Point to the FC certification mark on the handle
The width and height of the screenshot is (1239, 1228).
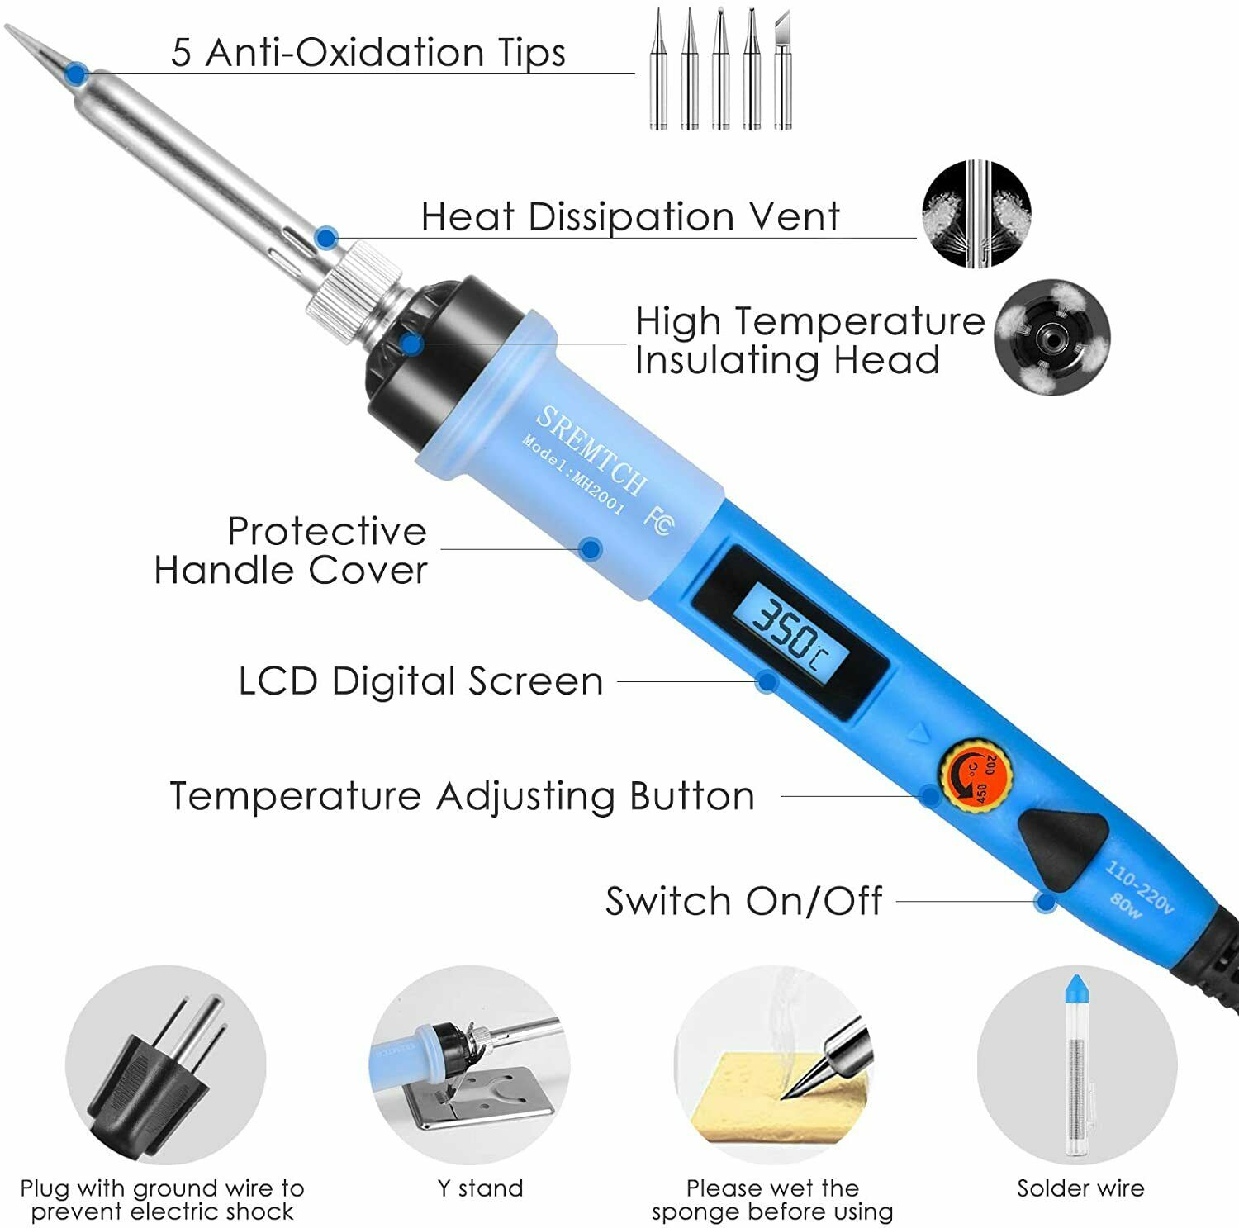pyautogui.click(x=657, y=520)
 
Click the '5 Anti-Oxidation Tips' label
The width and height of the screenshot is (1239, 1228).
pyautogui.click(x=368, y=53)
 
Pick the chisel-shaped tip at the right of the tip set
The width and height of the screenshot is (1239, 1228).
pyautogui.click(x=781, y=70)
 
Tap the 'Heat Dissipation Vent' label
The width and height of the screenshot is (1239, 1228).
pyautogui.click(x=629, y=217)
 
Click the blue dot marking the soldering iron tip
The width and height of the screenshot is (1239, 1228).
pyautogui.click(x=77, y=73)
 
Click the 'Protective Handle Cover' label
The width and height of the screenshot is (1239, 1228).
pyautogui.click(x=291, y=551)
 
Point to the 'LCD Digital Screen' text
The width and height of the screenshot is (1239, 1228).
pyautogui.click(x=420, y=682)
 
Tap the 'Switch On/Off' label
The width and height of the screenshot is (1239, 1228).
pyautogui.click(x=743, y=901)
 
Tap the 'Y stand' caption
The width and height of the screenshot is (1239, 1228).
pyautogui.click(x=480, y=1188)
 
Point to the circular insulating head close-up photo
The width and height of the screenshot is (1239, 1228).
pyautogui.click(x=1051, y=337)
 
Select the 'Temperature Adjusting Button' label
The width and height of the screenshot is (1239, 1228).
pyautogui.click(x=462, y=797)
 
